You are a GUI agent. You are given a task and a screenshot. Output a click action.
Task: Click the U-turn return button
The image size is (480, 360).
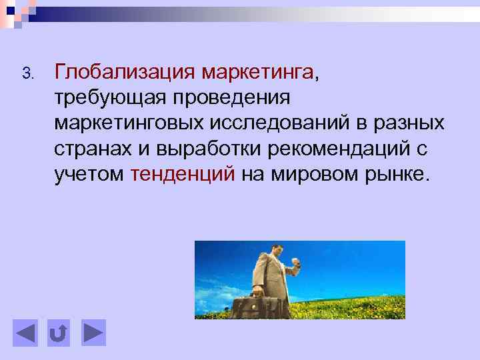pyautogui.click(x=59, y=333)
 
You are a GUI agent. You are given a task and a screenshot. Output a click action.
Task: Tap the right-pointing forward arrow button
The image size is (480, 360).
pyautogui.click(x=93, y=333)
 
